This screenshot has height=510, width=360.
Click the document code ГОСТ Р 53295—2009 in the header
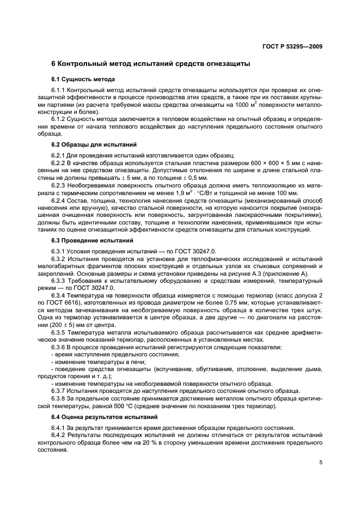[x=291, y=46]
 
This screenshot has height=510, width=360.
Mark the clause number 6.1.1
[x=58, y=90]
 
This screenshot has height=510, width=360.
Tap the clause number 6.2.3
[x=58, y=185]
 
